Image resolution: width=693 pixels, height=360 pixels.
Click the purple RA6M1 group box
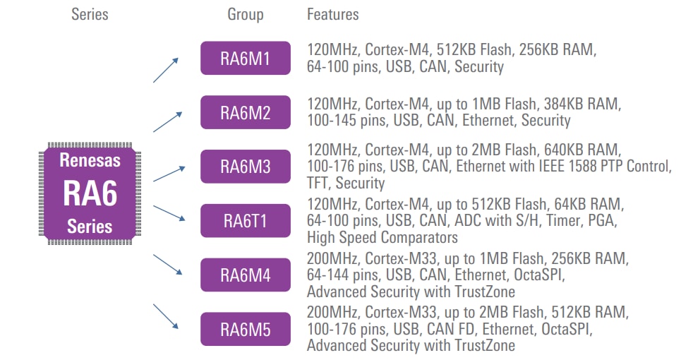pos(245,58)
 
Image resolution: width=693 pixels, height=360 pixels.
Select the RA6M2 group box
pos(245,112)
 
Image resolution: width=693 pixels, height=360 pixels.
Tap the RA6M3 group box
pos(245,167)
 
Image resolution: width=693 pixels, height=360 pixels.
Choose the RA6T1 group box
pos(245,220)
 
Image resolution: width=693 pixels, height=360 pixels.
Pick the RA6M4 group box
pos(245,275)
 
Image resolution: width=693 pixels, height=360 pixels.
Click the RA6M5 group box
pos(245,329)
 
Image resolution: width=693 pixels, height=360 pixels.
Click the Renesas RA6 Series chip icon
pos(90,192)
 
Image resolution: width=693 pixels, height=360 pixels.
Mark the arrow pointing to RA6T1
pos(169,212)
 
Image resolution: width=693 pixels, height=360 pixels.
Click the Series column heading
pos(90,14)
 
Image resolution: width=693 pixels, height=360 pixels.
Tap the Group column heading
pos(245,14)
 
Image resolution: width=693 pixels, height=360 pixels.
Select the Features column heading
pos(332,14)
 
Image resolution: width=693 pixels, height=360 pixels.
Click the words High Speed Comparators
pos(382,237)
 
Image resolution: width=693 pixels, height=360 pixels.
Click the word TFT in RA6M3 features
pos(317,184)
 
